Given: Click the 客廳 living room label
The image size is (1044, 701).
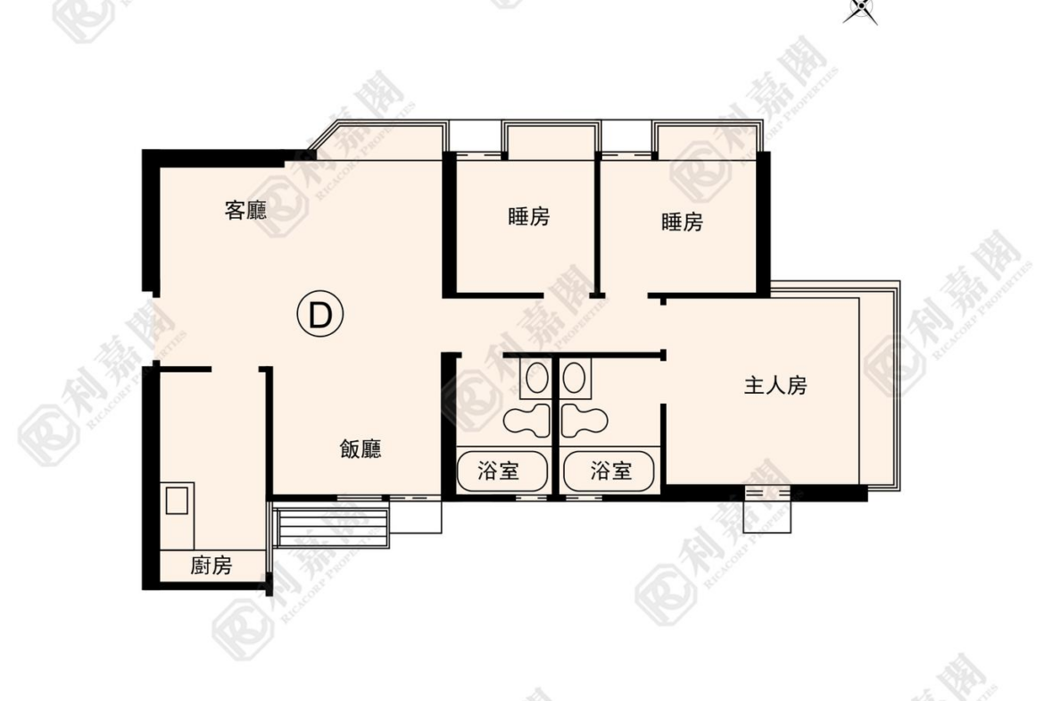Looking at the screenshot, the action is click(245, 211).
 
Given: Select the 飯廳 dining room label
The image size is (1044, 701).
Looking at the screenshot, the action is click(360, 449).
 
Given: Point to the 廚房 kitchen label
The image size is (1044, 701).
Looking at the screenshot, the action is click(211, 566).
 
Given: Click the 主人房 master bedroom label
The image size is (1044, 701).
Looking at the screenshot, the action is click(775, 385).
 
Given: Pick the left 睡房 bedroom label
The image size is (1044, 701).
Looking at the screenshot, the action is click(528, 217).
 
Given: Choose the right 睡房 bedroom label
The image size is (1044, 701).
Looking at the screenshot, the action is click(682, 221).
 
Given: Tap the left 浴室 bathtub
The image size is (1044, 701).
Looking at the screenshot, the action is click(502, 472).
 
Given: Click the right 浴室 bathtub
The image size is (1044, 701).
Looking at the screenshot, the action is click(609, 472).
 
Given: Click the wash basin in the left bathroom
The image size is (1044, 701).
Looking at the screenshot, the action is click(536, 379).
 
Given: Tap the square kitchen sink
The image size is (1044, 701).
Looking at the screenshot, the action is click(177, 500).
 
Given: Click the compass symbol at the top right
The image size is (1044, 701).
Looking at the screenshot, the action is click(861, 10).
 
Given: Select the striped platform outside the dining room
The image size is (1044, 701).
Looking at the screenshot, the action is click(331, 526).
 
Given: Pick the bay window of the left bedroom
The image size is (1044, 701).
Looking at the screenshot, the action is click(550, 139).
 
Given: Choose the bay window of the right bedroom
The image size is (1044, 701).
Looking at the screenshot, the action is click(708, 139).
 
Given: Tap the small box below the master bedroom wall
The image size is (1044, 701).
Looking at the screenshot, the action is click(767, 510).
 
